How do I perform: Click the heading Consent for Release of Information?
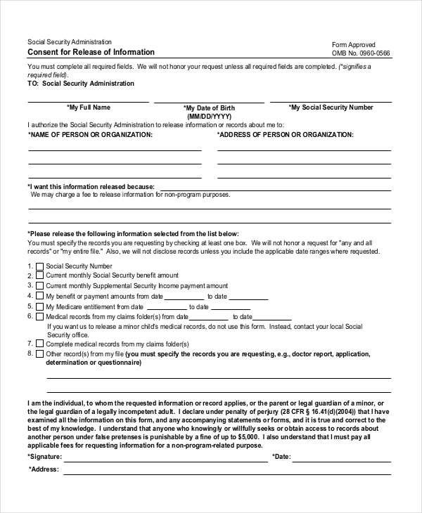(91, 53)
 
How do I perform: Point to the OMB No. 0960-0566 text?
(361, 53)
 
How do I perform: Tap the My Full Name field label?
(89, 108)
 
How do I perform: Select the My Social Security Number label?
(331, 108)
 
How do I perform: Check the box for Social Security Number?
(40, 266)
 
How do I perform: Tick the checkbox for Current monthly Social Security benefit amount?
(40, 276)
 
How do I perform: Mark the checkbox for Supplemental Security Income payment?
(40, 286)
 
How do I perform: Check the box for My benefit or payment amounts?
(40, 297)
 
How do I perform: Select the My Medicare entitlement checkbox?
(40, 306)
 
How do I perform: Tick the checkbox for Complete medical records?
(40, 344)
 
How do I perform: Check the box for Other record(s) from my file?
(40, 354)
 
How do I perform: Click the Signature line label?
(45, 456)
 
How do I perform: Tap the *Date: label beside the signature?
(281, 456)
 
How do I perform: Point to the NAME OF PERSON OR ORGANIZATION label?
(89, 134)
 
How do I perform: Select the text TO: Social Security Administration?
(80, 84)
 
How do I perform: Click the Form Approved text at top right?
(354, 44)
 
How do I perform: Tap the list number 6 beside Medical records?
(30, 316)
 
